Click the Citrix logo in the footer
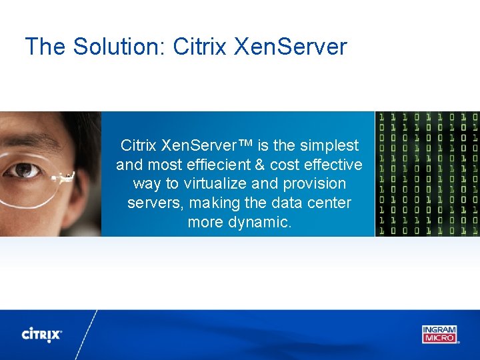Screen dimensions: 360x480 pos(42,334)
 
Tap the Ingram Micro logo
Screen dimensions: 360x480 pos(439,333)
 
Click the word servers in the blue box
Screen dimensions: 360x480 pos(152,203)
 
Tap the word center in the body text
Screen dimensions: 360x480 pos(329,203)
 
